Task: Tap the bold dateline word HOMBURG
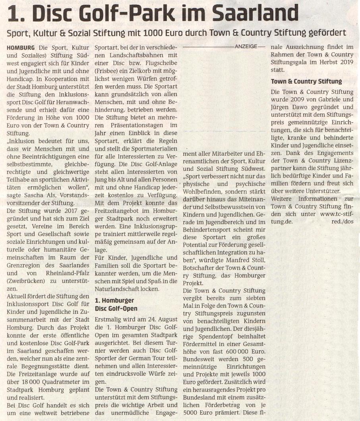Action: tap(21, 47)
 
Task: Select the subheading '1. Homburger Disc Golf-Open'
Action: tap(116, 305)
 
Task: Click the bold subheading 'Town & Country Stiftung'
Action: tap(306, 81)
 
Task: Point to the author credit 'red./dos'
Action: tap(342, 221)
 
